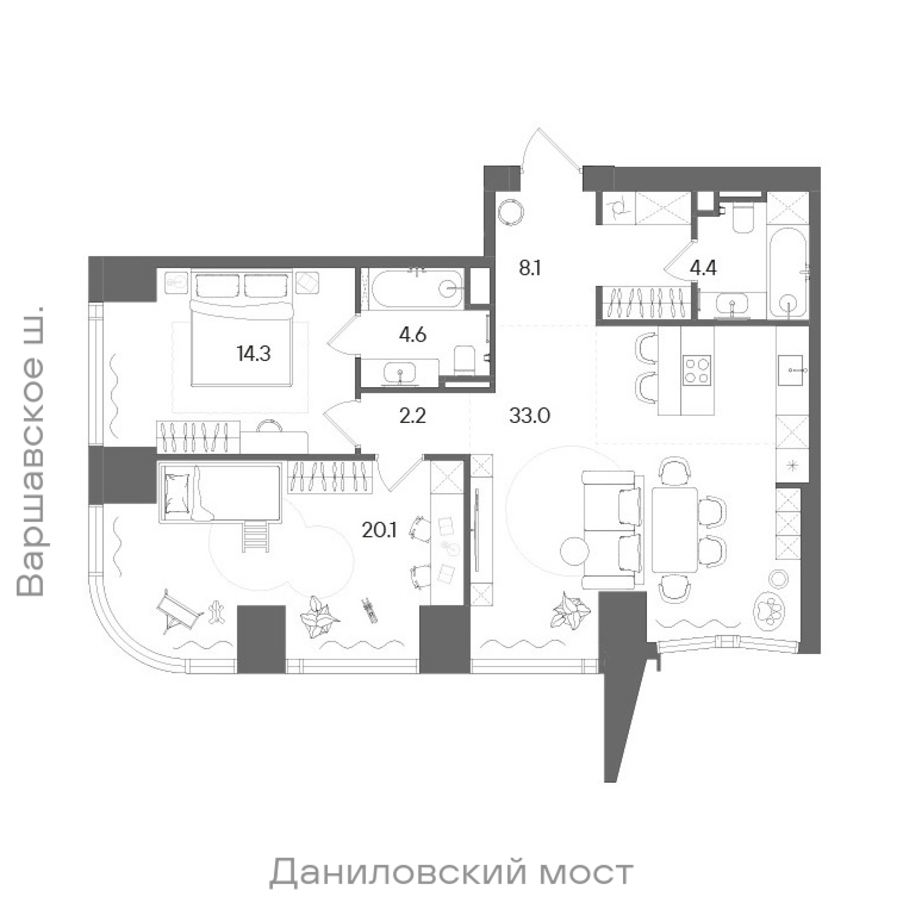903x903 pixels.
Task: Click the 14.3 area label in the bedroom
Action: click(x=254, y=354)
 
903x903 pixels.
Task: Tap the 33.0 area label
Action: click(x=530, y=415)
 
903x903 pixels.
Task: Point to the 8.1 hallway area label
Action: click(x=530, y=269)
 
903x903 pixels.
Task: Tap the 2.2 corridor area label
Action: click(x=413, y=415)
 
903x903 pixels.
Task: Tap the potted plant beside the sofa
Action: click(x=571, y=610)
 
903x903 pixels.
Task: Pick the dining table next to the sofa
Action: click(x=674, y=530)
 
